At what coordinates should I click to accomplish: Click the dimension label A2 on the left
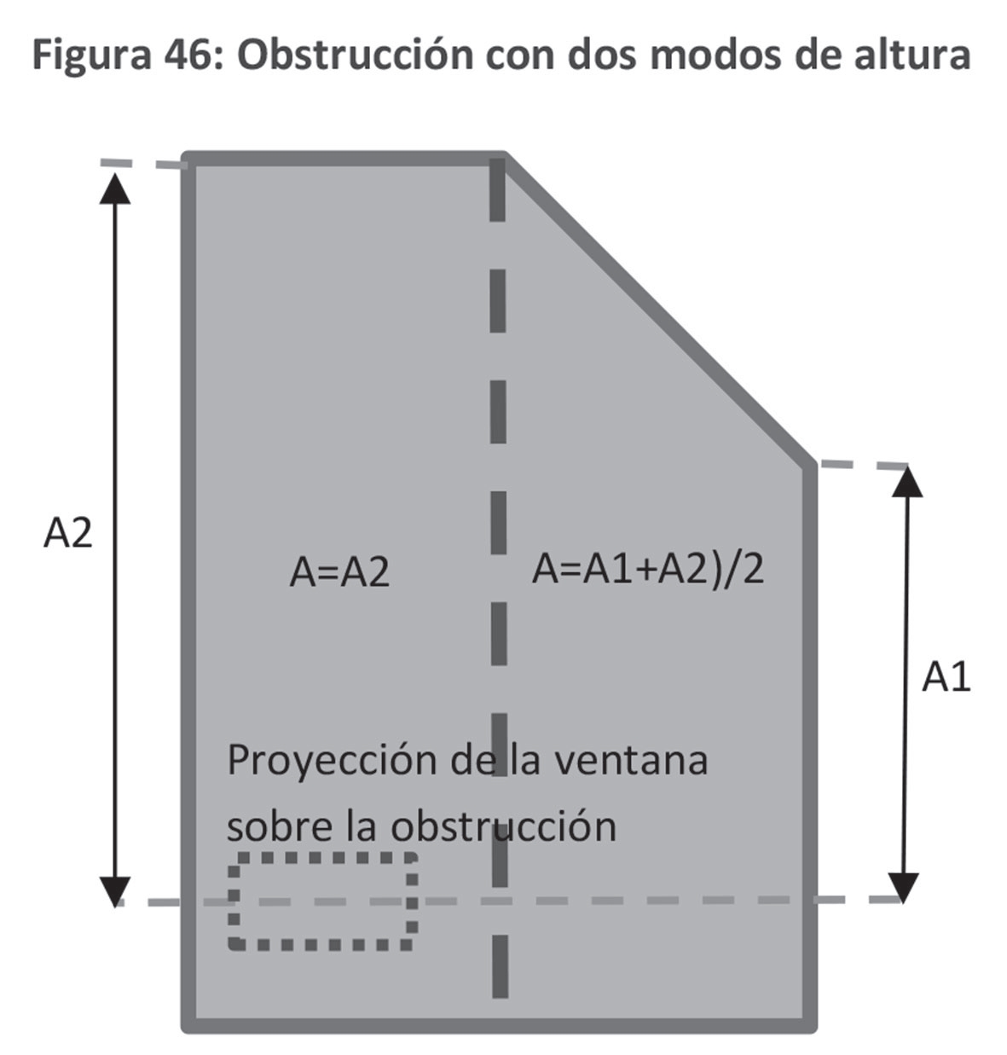67,535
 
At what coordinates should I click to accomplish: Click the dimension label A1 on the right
946,678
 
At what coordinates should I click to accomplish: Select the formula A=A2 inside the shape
339,571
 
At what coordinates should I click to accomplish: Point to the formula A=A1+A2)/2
648,569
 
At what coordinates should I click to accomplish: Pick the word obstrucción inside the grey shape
503,826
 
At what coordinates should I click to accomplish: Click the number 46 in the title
188,55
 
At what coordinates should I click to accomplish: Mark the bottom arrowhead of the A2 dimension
115,890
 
